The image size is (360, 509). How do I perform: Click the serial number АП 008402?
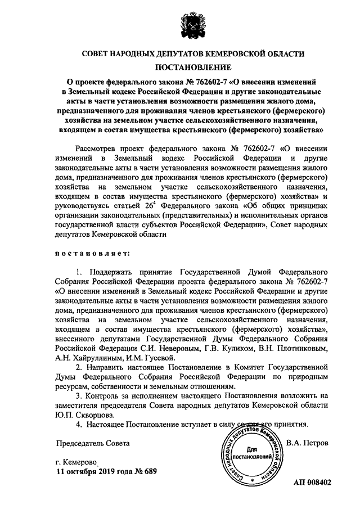click(312, 483)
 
